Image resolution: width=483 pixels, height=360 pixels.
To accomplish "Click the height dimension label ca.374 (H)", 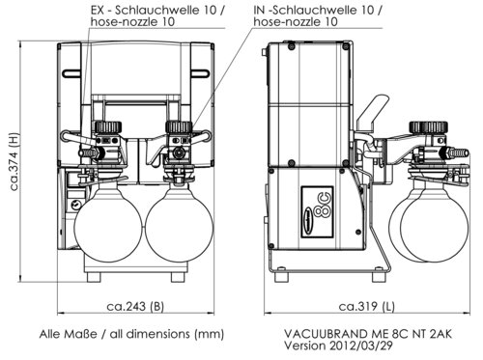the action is (x=14, y=161).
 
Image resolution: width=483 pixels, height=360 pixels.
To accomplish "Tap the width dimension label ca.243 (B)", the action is (x=135, y=306).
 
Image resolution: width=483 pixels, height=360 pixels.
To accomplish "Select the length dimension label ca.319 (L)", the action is (x=366, y=306).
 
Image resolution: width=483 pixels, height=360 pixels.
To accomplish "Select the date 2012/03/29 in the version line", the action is (x=361, y=346).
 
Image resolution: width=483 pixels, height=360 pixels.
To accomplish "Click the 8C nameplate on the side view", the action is (x=317, y=212).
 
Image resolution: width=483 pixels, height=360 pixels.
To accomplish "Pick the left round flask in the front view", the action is (x=108, y=221).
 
